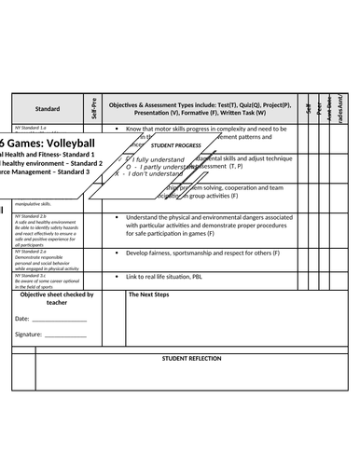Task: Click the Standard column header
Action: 48,108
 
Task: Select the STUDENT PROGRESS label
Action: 175,145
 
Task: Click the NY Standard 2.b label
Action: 31,215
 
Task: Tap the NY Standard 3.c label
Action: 31,276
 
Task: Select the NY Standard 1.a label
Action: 31,127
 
